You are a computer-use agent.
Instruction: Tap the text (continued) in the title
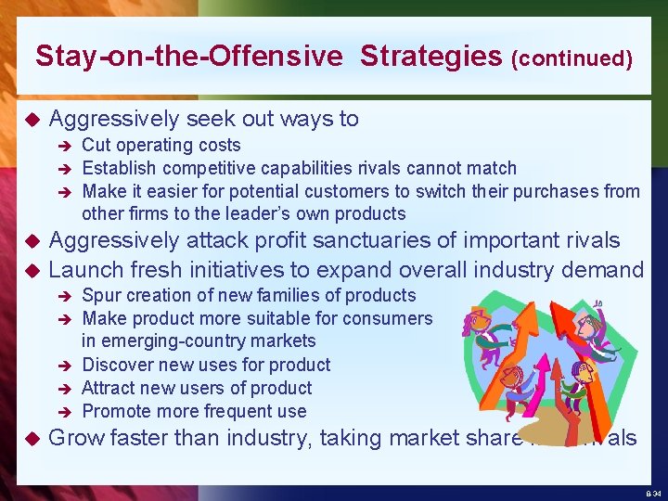click(x=572, y=59)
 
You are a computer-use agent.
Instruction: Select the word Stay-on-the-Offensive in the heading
click(x=188, y=57)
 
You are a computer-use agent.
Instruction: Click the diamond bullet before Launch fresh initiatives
click(x=30, y=271)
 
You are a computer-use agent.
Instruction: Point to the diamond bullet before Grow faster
click(x=30, y=438)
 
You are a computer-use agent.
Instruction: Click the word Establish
click(x=118, y=168)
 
